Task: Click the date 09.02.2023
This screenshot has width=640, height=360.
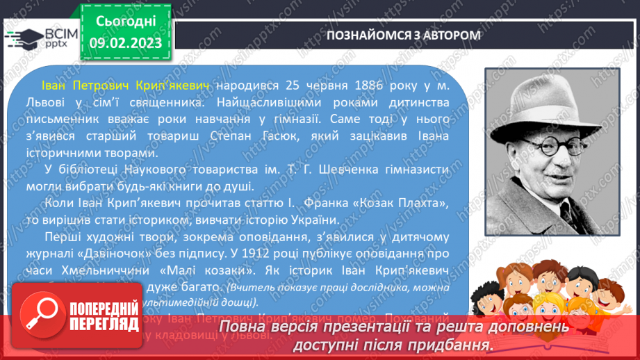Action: pos(126,42)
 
